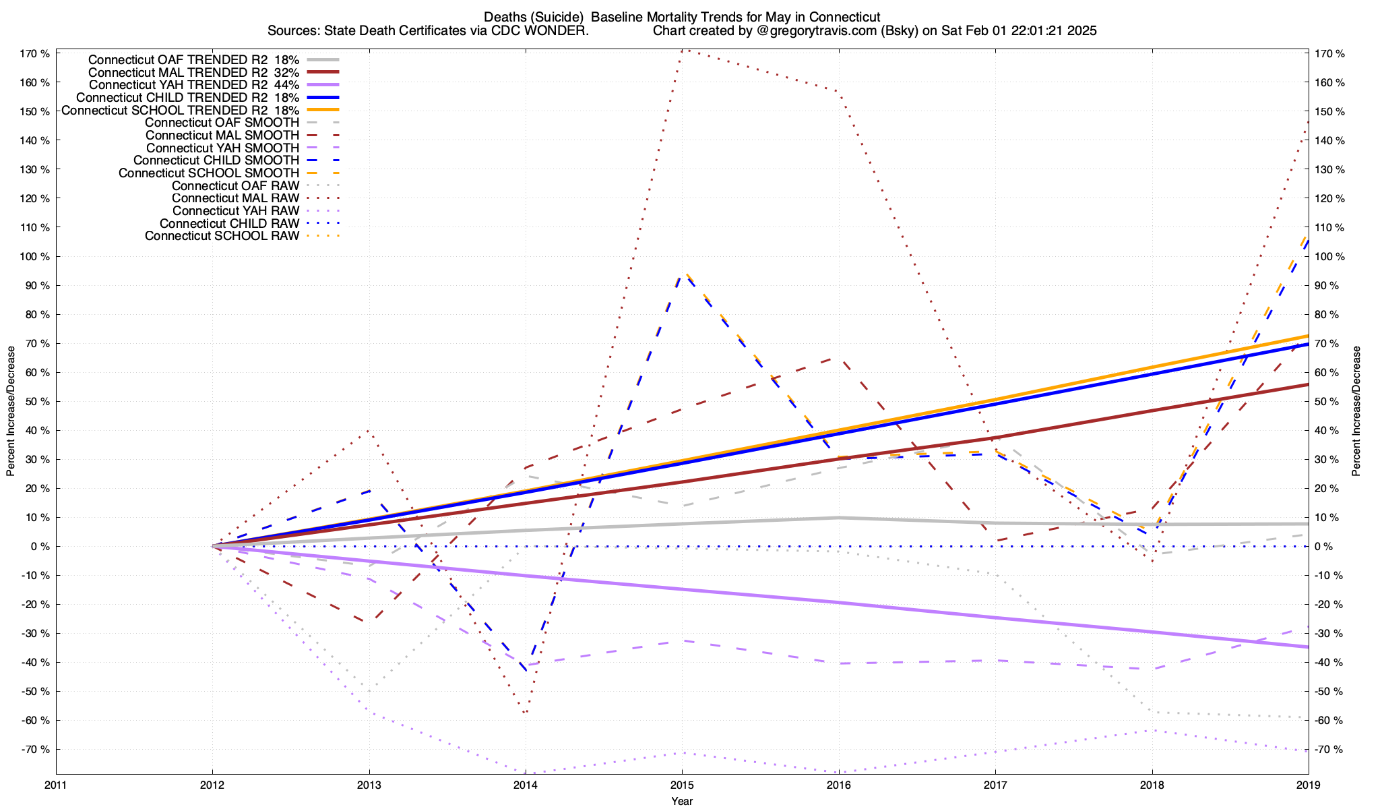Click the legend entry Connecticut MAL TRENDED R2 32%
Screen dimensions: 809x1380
[x=193, y=72]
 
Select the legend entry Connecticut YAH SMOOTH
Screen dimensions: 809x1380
[x=222, y=148]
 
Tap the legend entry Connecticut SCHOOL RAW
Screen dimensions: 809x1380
[x=222, y=236]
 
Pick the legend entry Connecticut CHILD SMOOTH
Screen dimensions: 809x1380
[x=216, y=160]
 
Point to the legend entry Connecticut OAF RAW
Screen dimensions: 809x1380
[x=235, y=185]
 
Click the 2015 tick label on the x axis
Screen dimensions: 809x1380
[x=682, y=785]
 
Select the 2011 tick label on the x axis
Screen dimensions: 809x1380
[x=56, y=785]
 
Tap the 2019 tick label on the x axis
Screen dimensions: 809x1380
[x=1308, y=785]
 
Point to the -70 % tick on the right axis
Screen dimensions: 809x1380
[x=1329, y=749]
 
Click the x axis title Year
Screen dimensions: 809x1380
[x=682, y=801]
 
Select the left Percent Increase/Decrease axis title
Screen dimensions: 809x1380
[x=11, y=411]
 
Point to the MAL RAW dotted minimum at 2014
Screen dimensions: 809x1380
[x=525, y=713]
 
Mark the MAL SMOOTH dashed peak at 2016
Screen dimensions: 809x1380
[x=838, y=359]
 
